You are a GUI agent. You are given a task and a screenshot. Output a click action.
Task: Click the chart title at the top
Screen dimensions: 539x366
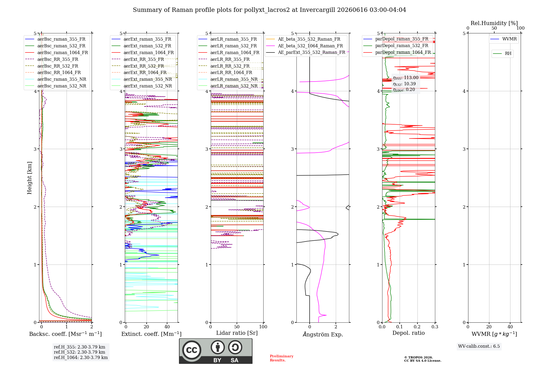269,10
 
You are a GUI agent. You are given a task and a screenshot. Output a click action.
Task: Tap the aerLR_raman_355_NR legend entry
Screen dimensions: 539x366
228,79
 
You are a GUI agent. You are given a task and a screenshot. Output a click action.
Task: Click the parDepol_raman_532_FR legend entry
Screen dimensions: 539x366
396,46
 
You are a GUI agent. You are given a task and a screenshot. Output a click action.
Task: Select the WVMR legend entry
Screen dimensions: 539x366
503,39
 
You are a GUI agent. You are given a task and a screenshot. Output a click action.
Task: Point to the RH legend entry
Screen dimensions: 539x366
502,54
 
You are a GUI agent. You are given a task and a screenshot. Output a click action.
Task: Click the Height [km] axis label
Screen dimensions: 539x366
29,178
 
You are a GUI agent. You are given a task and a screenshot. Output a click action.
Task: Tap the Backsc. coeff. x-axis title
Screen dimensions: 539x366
65,334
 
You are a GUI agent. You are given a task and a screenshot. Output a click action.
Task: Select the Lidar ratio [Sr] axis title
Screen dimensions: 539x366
237,333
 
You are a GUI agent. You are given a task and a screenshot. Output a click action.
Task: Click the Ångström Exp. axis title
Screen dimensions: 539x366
323,334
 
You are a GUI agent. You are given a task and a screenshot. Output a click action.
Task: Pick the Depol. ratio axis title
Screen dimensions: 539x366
409,333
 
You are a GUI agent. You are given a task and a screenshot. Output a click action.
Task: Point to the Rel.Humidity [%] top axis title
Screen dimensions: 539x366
494,23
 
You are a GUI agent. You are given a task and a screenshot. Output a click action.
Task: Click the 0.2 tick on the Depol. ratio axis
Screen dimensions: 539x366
417,327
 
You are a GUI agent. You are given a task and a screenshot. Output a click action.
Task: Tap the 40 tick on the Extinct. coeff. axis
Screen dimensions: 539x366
167,327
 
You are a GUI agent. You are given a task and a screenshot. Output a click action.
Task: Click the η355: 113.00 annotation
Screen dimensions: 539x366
406,78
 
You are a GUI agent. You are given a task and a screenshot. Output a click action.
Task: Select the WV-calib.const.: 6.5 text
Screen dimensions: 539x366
479,346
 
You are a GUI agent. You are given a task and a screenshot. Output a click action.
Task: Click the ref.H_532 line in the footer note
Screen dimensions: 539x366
80,352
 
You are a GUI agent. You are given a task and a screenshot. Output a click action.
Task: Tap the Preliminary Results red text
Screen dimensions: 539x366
282,358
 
